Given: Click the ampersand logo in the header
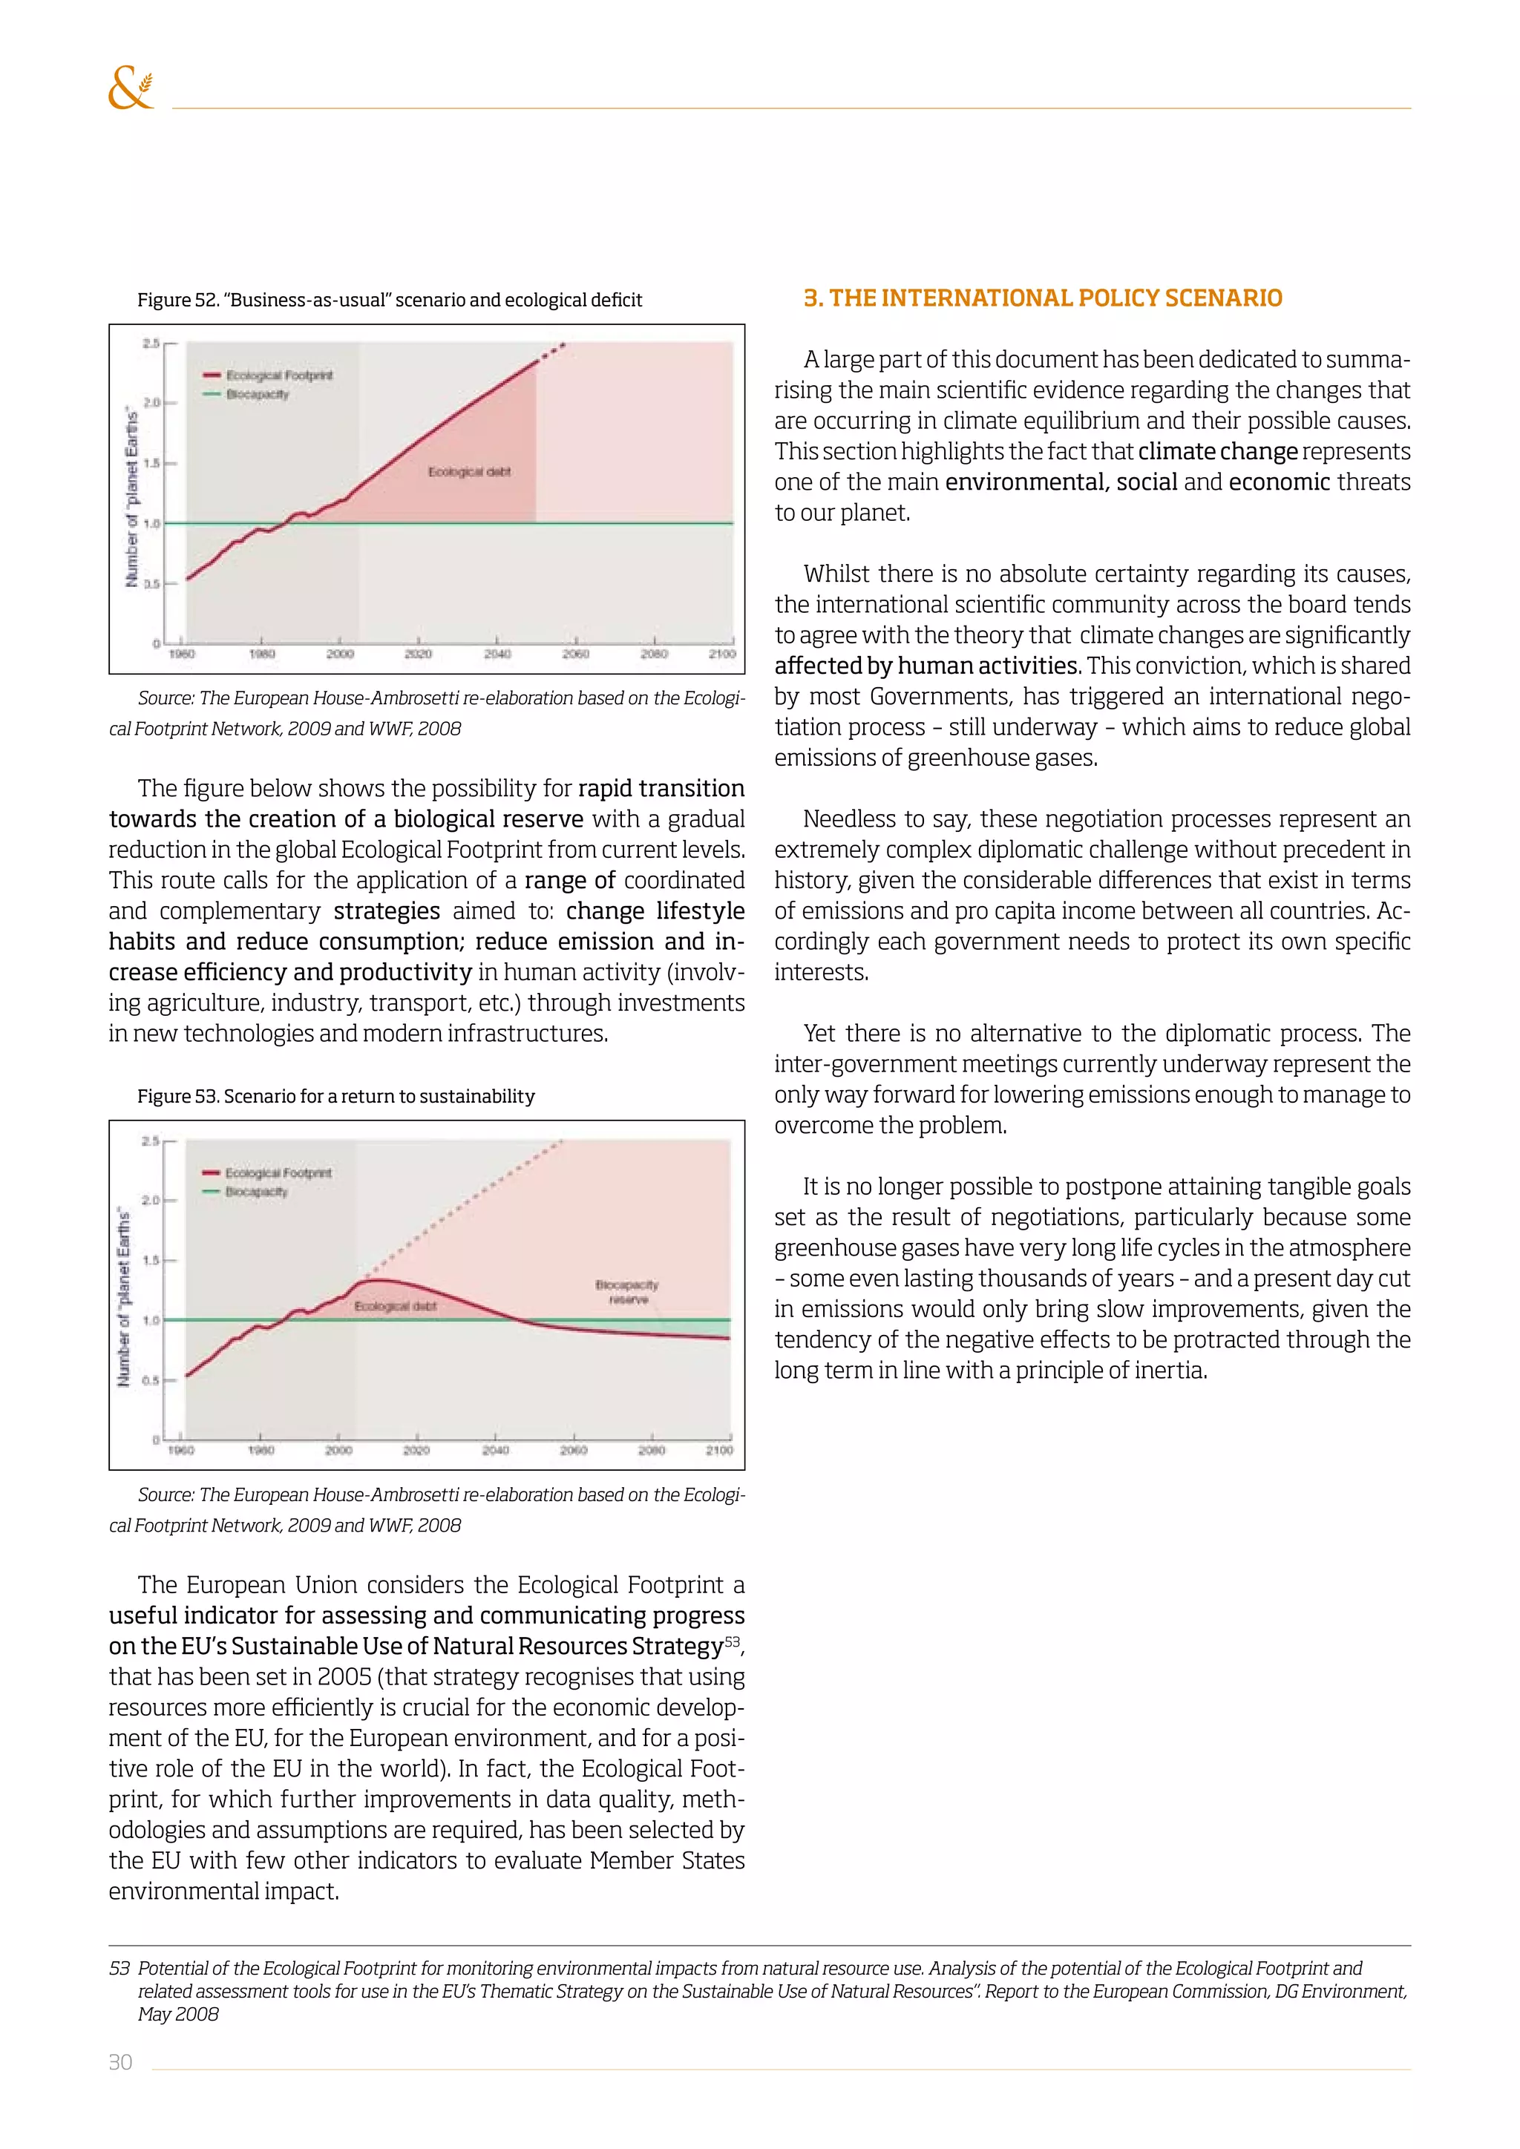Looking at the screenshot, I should tap(130, 88).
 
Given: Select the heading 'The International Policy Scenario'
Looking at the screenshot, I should tap(1043, 298).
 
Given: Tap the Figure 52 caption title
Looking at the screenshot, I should tap(390, 301).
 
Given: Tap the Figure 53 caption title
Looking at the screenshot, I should tap(336, 1096).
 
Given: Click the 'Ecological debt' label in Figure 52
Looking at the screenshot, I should tap(469, 472).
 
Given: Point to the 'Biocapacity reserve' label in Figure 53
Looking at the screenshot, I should tap(627, 1292).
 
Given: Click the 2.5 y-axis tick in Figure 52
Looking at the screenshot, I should tap(151, 344).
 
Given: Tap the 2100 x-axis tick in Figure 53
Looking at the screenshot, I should tap(719, 1450).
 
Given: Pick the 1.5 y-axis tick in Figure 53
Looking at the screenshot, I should tap(150, 1260).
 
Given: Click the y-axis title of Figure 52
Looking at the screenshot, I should tap(132, 498).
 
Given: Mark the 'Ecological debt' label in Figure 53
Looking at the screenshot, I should tap(395, 1306).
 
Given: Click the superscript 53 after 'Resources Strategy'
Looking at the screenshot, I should tap(732, 1641).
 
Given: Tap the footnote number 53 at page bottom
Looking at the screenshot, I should tap(119, 1969).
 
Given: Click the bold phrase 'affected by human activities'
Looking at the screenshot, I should tap(926, 666).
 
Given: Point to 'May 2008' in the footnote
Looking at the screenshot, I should tap(178, 2014).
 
